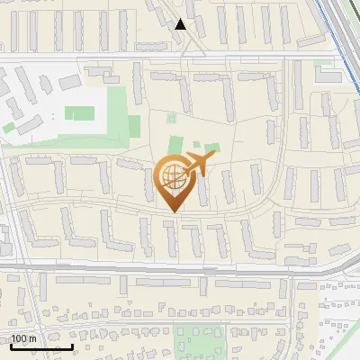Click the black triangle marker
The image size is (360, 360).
click(x=182, y=24)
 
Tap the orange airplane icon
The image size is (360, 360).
click(x=198, y=165)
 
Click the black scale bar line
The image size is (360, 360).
click(x=41, y=347)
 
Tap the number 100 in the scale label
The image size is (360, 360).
click(x=19, y=338)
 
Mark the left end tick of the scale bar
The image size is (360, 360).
click(x=11, y=346)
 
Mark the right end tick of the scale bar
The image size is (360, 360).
click(x=73, y=346)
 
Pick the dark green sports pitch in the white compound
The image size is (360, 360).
click(x=78, y=114)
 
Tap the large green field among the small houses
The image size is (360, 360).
click(x=200, y=340)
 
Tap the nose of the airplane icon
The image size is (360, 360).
click(x=214, y=157)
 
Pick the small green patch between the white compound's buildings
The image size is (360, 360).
click(x=10, y=127)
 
